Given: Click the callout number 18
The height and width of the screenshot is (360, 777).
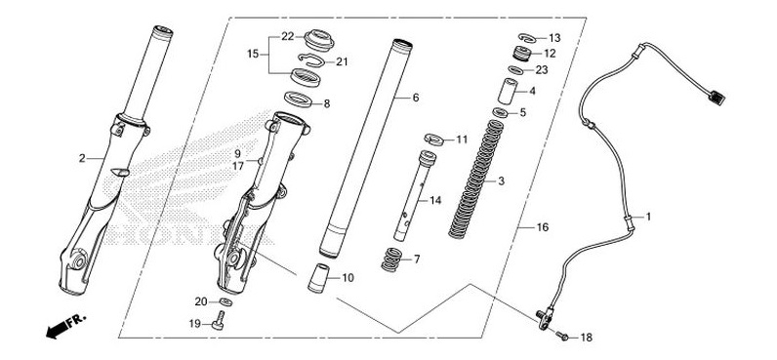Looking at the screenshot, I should pyautogui.click(x=586, y=338).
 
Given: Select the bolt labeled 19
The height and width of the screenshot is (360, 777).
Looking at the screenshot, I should pyautogui.click(x=217, y=324).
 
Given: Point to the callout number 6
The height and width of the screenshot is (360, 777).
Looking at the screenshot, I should pyautogui.click(x=415, y=99).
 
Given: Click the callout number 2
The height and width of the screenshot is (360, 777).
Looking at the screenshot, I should pyautogui.click(x=83, y=157).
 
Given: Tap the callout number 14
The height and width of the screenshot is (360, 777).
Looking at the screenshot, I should pyautogui.click(x=435, y=200).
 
